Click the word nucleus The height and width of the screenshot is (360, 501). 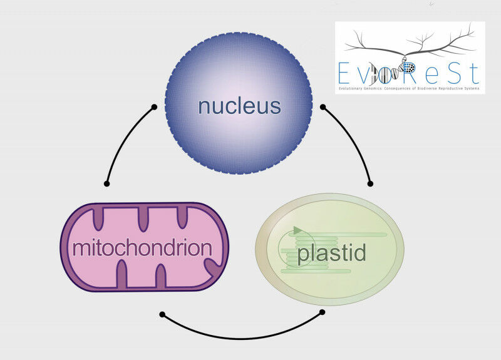click(x=239, y=106)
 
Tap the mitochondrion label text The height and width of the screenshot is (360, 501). click(x=142, y=248)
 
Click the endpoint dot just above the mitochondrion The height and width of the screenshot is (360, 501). click(x=107, y=183)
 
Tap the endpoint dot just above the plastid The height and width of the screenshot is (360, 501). click(x=370, y=183)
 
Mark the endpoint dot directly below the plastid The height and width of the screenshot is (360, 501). click(x=323, y=311)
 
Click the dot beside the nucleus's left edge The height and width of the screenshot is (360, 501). click(x=154, y=107)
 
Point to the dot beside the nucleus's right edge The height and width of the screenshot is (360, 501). click(x=323, y=107)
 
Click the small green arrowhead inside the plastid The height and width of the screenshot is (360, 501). click(x=297, y=230)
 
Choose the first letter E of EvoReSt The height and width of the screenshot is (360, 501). click(x=343, y=74)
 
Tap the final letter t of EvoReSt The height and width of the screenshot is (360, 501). click(x=473, y=74)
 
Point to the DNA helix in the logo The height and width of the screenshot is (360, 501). click(x=395, y=72)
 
